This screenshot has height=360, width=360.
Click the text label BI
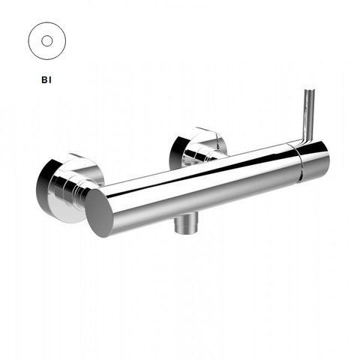46,80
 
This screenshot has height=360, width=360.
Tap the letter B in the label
44,80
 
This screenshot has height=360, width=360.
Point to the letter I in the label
50,80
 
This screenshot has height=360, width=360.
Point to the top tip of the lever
310,89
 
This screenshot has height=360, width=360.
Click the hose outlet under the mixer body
187,223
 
